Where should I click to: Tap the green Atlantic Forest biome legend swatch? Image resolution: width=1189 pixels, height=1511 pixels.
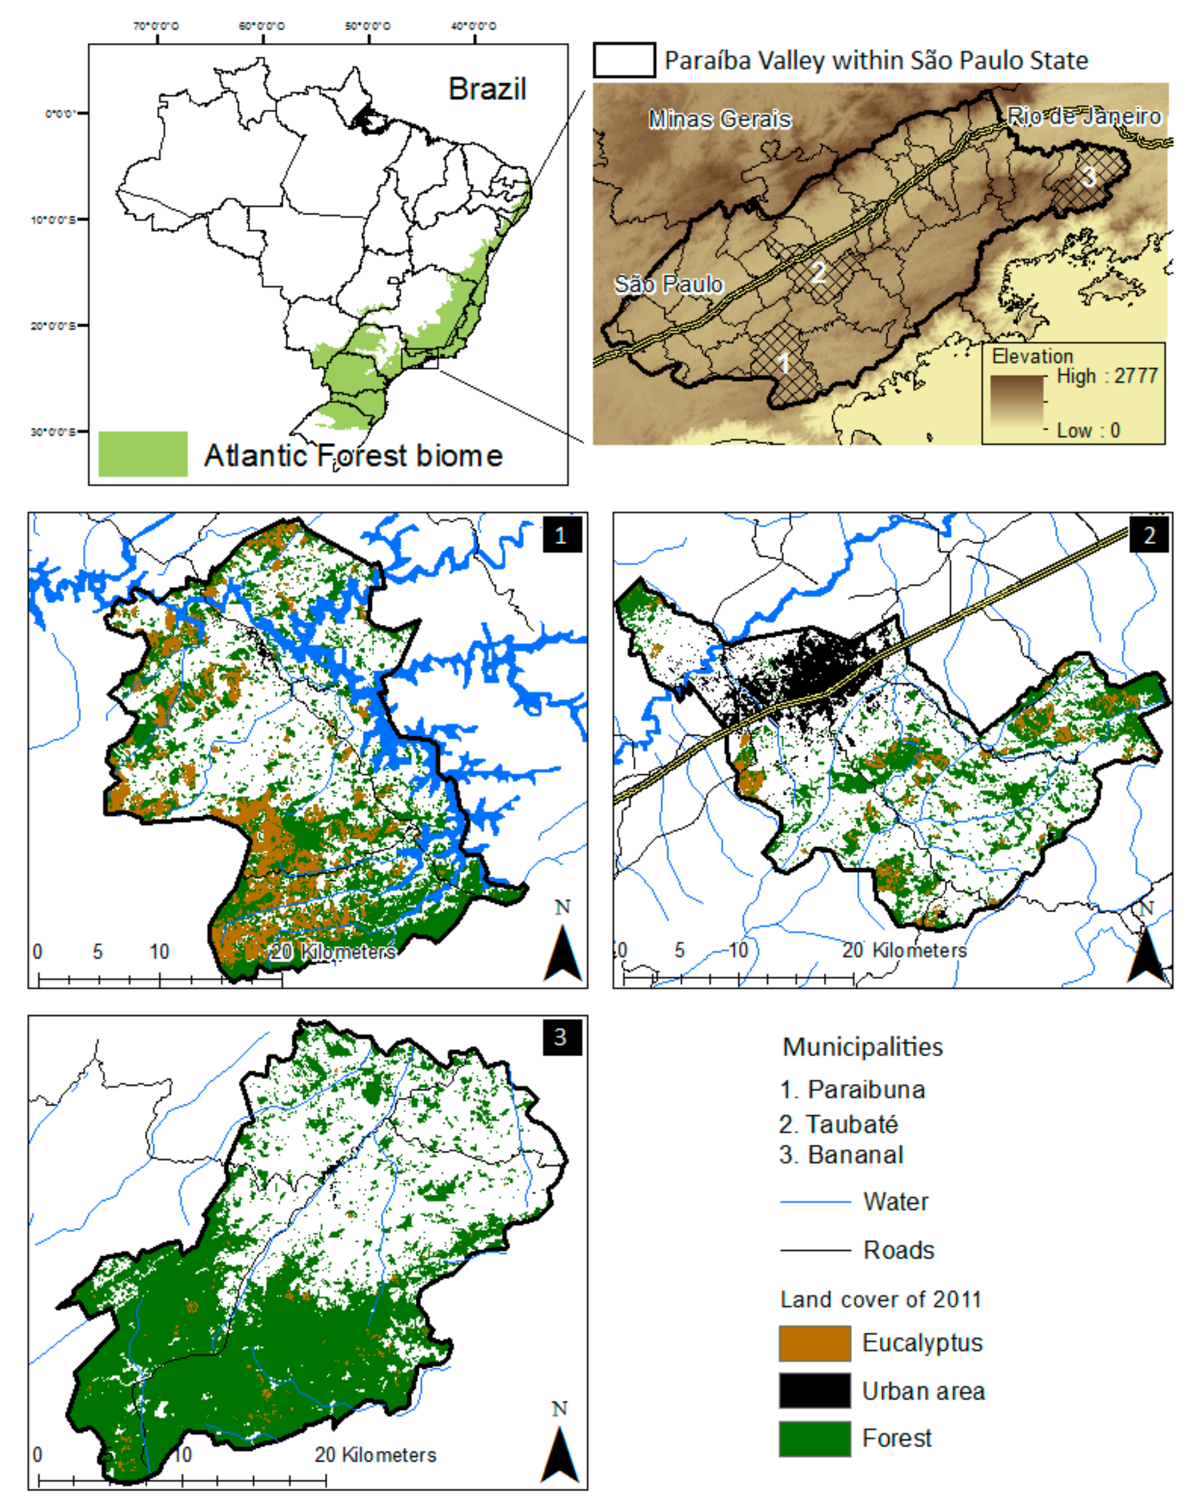pos(143,454)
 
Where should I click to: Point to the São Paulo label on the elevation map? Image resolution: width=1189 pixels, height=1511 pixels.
pos(668,284)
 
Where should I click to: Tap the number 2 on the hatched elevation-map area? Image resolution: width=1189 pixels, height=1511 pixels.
pos(819,271)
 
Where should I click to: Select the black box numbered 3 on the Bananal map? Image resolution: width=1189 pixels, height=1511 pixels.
pos(561,1037)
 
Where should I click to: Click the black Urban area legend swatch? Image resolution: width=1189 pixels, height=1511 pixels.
pos(814,1391)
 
